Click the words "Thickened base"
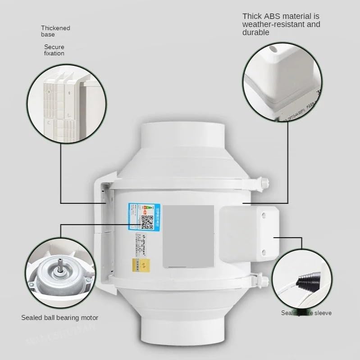pos(55,31)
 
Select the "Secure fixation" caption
pos(54,50)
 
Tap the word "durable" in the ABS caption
pos(256,32)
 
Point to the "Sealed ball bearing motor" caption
pos(59,318)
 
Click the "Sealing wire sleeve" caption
pos(306,313)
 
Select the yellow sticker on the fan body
pos(137,265)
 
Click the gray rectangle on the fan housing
pos(188,236)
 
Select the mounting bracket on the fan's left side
pos(105,234)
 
